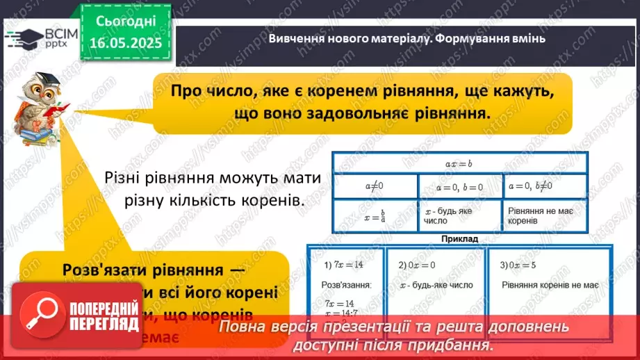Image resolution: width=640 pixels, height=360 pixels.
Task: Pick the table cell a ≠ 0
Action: tap(375, 186)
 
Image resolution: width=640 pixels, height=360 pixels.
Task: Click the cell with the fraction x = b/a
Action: tap(375, 215)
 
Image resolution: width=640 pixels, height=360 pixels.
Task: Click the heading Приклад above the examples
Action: tap(459, 238)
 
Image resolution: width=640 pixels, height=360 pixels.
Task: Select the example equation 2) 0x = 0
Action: tap(417, 265)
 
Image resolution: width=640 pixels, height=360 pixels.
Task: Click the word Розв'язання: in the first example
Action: tap(347, 285)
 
